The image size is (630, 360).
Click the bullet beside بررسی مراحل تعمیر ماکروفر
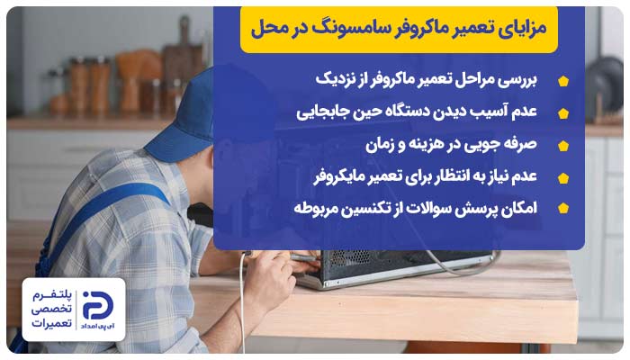563,81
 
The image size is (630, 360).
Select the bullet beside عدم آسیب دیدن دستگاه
563,113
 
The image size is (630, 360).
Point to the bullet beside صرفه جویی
563,145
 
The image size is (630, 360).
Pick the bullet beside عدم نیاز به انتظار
563,176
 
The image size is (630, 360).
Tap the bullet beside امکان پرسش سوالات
563,209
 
